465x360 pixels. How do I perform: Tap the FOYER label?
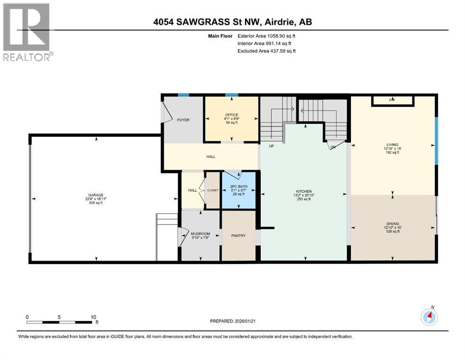point(183,120)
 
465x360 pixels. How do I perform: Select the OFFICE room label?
point(231,115)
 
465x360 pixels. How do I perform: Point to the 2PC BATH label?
point(239,187)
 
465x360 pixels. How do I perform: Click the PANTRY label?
point(238,235)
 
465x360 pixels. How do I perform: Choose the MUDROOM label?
point(200,233)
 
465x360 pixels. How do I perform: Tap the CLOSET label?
point(213,190)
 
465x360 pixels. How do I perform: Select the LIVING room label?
point(392,145)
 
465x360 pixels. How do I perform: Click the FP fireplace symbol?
point(392,100)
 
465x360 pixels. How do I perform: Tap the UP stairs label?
point(271,146)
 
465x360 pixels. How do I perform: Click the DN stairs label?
point(333,147)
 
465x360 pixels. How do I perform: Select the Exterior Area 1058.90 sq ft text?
point(266,36)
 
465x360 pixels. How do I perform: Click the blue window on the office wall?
point(231,95)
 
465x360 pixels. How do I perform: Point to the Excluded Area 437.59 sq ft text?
point(266,51)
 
